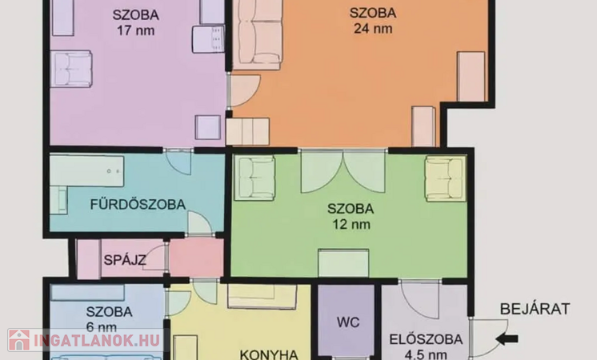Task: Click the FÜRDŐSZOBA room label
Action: point(138,204)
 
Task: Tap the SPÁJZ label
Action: point(125,260)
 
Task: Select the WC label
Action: point(348,322)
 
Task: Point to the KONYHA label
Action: point(269,354)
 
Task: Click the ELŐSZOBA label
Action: point(426,339)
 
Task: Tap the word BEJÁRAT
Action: point(535,309)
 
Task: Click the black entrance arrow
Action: point(507,338)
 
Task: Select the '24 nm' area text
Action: point(373,29)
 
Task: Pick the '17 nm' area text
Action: point(135,30)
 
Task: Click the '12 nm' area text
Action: point(351,224)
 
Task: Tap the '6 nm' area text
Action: point(102,327)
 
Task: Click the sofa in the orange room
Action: point(257,35)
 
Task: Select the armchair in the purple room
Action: point(71,69)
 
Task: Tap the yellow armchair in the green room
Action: point(446,178)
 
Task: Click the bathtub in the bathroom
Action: point(86,170)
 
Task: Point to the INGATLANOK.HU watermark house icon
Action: point(19,340)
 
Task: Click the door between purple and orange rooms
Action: point(244,90)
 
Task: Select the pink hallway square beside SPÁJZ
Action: point(196,258)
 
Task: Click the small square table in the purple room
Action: point(208,127)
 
